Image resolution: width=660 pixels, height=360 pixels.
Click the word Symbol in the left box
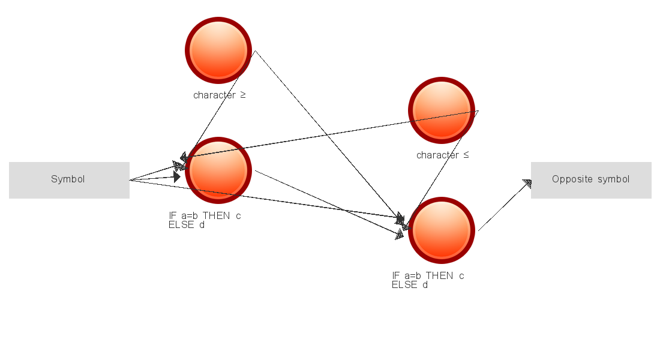[x=68, y=179]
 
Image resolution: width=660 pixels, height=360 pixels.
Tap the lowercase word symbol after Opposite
[x=614, y=179]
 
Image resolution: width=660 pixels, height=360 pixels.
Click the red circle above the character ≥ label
[x=218, y=50]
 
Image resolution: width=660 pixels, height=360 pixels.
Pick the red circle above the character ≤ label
[x=442, y=110]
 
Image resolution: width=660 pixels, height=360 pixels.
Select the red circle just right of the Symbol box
[x=218, y=170]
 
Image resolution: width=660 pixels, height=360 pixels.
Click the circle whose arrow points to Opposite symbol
[x=442, y=230]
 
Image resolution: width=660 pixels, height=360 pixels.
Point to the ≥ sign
[x=243, y=95]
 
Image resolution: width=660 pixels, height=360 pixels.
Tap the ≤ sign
[x=466, y=155]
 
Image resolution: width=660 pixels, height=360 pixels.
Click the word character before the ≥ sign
[x=215, y=95]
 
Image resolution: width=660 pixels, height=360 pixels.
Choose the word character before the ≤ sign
[x=438, y=155]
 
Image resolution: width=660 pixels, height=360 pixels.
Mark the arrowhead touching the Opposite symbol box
[x=527, y=184]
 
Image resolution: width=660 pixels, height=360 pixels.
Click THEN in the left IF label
[x=217, y=215]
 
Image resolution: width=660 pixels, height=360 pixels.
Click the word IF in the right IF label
[x=395, y=276]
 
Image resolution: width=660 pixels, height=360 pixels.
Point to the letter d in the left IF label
[x=202, y=225]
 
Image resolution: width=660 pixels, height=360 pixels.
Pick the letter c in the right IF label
[x=461, y=276]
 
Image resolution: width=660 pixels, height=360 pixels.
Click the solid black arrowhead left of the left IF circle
[x=177, y=176]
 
